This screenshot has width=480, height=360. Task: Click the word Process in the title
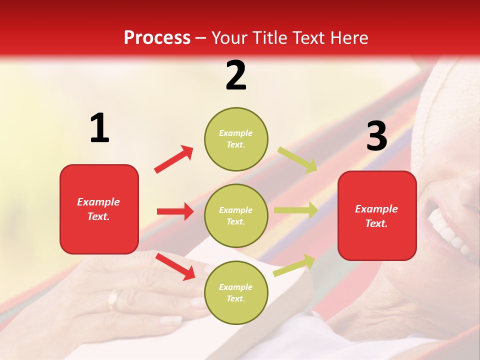[x=157, y=38]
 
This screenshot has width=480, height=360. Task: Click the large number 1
[x=99, y=128]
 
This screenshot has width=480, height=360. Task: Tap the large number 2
[x=236, y=75]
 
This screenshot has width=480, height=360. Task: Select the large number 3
[x=376, y=136]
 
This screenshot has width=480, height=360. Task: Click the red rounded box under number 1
[x=99, y=209]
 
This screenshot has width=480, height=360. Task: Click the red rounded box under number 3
[x=377, y=215]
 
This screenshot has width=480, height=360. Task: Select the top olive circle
[x=236, y=139]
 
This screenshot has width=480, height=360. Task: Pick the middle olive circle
[x=236, y=215]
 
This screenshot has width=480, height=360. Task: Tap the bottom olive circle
[x=236, y=292]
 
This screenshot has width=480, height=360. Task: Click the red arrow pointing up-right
[x=173, y=159]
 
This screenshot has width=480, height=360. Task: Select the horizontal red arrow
[x=175, y=211]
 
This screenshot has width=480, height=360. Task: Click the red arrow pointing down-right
[x=175, y=266]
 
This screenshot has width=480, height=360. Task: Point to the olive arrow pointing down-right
[x=297, y=159]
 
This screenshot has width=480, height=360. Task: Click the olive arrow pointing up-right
[x=294, y=265]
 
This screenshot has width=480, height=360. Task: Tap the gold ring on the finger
[x=114, y=299]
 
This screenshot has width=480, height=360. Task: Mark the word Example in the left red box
[x=98, y=202]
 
